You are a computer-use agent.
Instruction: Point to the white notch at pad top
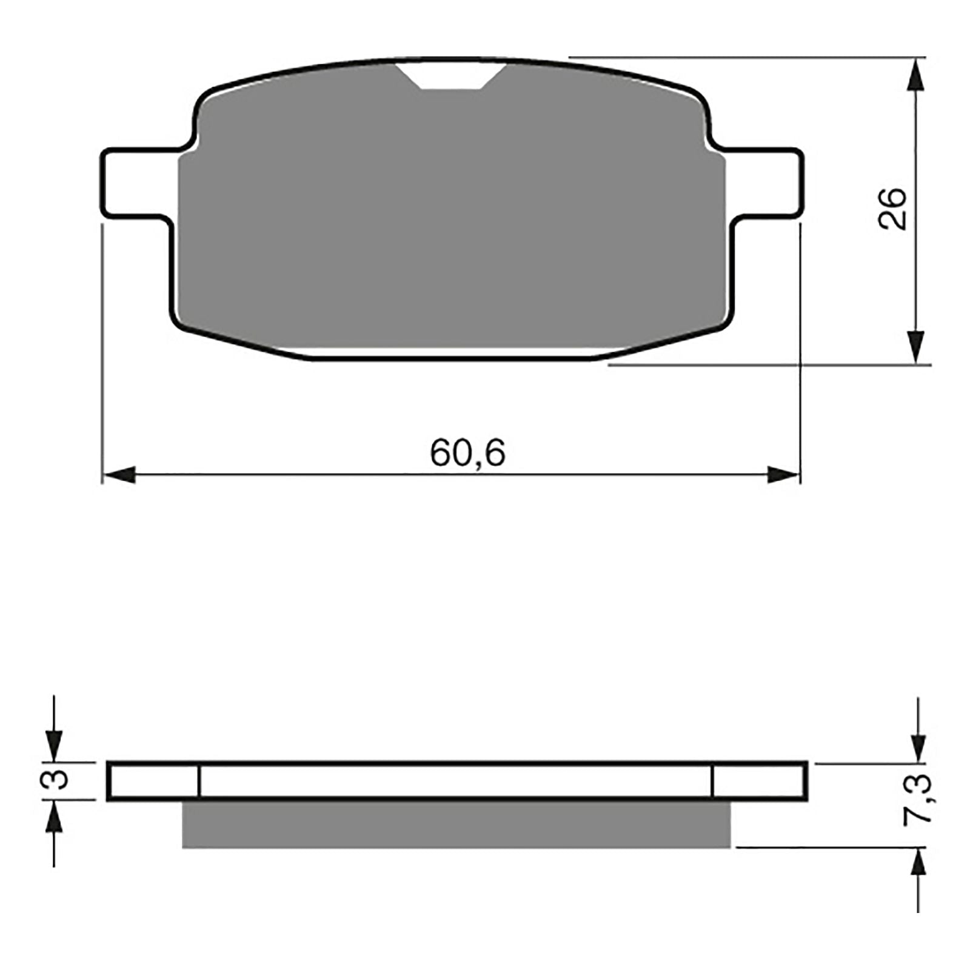coord(452,75)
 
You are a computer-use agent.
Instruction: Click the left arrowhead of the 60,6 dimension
coord(118,475)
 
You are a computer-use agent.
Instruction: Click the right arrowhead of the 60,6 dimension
coord(784,475)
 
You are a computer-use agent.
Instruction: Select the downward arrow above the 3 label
coord(55,743)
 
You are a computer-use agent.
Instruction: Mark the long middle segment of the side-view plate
coord(455,781)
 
